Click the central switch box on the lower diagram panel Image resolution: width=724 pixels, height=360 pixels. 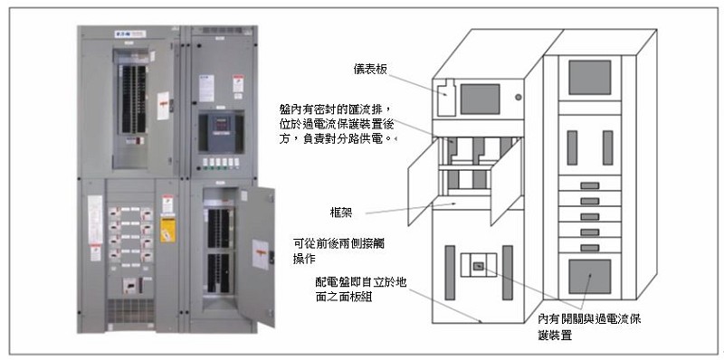pyautogui.click(x=477, y=265)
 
